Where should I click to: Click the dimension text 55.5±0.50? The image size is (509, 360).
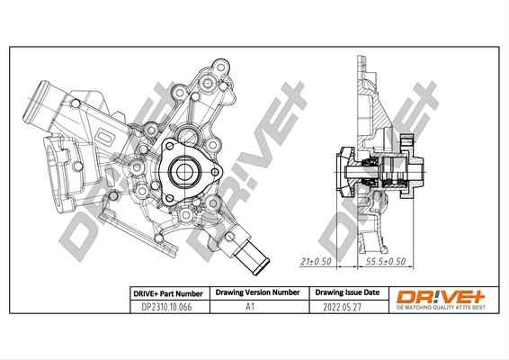[x=384, y=262]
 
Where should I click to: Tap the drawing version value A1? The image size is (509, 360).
[x=255, y=306]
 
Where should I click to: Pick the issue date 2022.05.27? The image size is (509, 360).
[x=346, y=306]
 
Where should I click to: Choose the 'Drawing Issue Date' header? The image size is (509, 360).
[x=346, y=292]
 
